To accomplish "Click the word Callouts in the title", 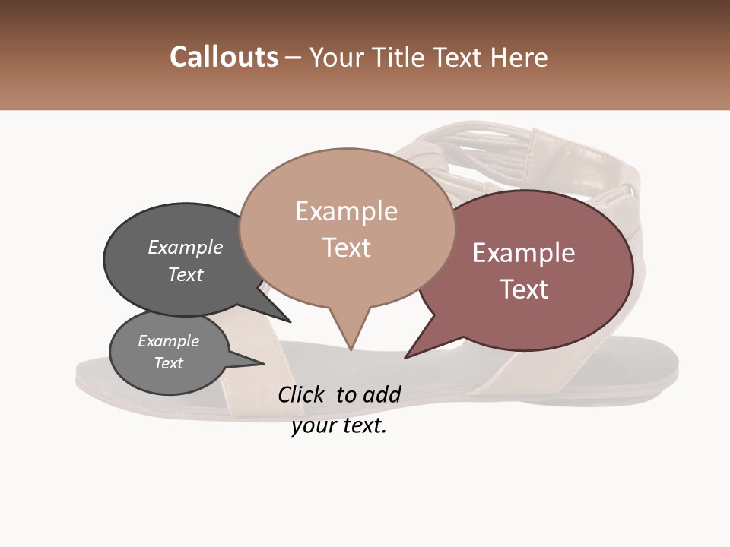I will (x=224, y=57).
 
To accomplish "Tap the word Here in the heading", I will (x=519, y=58).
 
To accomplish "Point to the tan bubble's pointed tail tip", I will (x=351, y=349).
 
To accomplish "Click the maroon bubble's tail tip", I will (x=405, y=357).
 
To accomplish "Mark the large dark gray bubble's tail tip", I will (x=290, y=321).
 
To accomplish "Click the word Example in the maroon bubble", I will (x=524, y=253).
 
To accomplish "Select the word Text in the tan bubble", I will (x=347, y=248).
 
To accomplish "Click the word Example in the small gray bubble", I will (x=169, y=341).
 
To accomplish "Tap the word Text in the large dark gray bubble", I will (x=186, y=274).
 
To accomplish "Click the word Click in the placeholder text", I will (x=303, y=394).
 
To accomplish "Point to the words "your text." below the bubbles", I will (x=339, y=426).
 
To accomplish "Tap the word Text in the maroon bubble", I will (x=524, y=289).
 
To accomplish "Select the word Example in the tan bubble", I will (x=347, y=211).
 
